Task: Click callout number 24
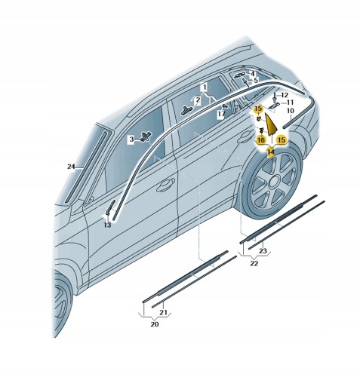[x=71, y=167]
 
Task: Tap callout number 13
[x=107, y=225]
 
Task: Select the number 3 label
[x=131, y=139]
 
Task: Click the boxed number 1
[x=205, y=87]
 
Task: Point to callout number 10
[x=291, y=111]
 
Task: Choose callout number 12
[x=285, y=95]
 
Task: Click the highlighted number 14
[x=271, y=152]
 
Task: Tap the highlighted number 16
[x=261, y=139]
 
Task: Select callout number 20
[x=155, y=324]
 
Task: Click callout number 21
[x=163, y=312]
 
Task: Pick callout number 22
[x=254, y=263]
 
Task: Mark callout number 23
[x=263, y=250]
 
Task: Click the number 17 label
[x=221, y=114]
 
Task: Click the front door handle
[x=165, y=185]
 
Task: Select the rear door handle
[x=243, y=136]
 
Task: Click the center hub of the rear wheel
[x=273, y=182]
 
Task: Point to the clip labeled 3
[x=146, y=136]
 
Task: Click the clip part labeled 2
[x=186, y=110]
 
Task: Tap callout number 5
[x=256, y=81]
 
